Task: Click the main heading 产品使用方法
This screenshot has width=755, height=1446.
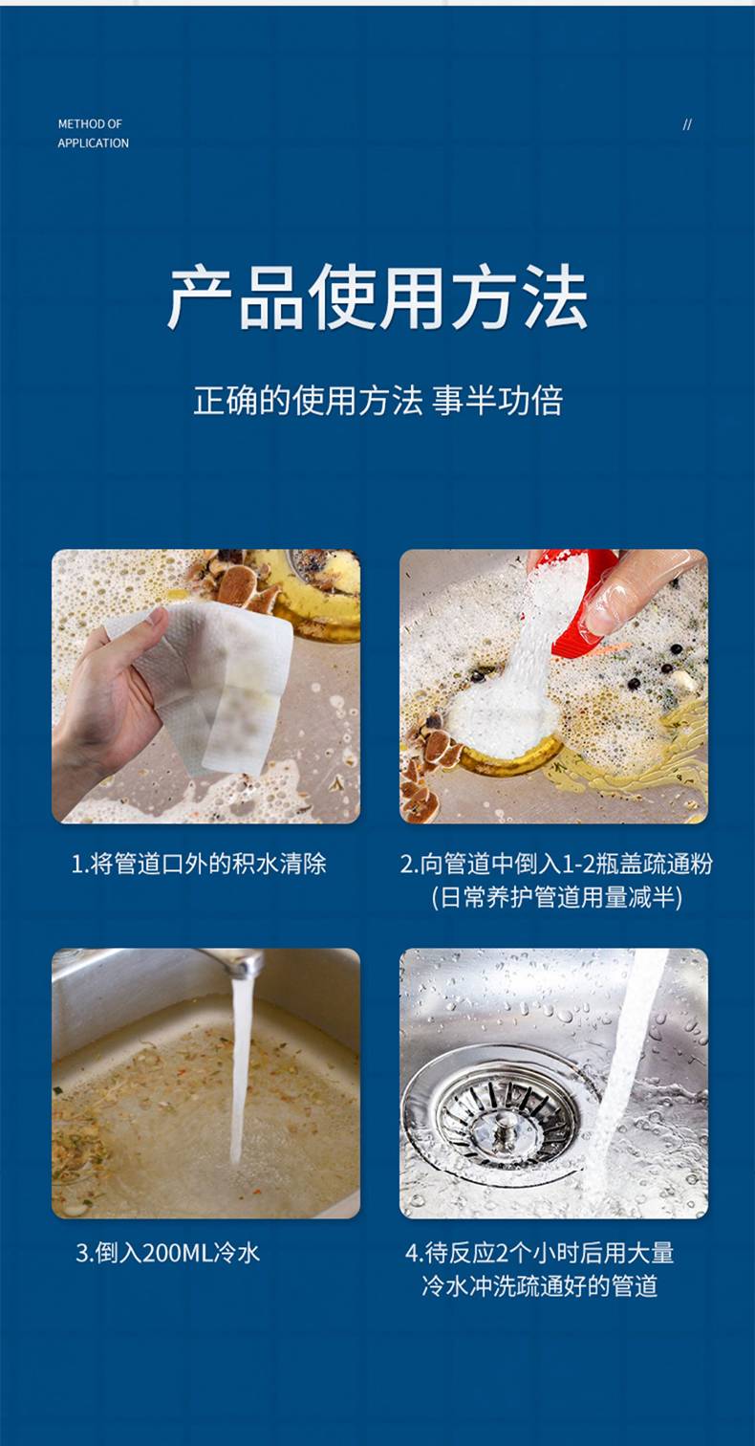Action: click(x=377, y=297)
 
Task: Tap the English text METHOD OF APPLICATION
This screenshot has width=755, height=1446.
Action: click(x=93, y=133)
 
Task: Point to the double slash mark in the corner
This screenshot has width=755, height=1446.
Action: click(x=687, y=124)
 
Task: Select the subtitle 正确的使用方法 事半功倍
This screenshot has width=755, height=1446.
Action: click(x=377, y=400)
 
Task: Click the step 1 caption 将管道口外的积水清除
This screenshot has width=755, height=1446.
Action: click(x=199, y=864)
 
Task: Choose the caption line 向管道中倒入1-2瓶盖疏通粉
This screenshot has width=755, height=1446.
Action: click(x=556, y=864)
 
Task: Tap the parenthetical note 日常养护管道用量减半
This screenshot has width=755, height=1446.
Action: click(x=556, y=897)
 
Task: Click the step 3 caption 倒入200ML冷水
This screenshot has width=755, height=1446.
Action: click(x=168, y=1253)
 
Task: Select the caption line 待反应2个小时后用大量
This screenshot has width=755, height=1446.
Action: click(x=539, y=1253)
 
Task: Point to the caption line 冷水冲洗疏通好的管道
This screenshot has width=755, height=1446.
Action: click(x=539, y=1286)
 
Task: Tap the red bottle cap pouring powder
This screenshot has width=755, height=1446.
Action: click(x=581, y=601)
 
